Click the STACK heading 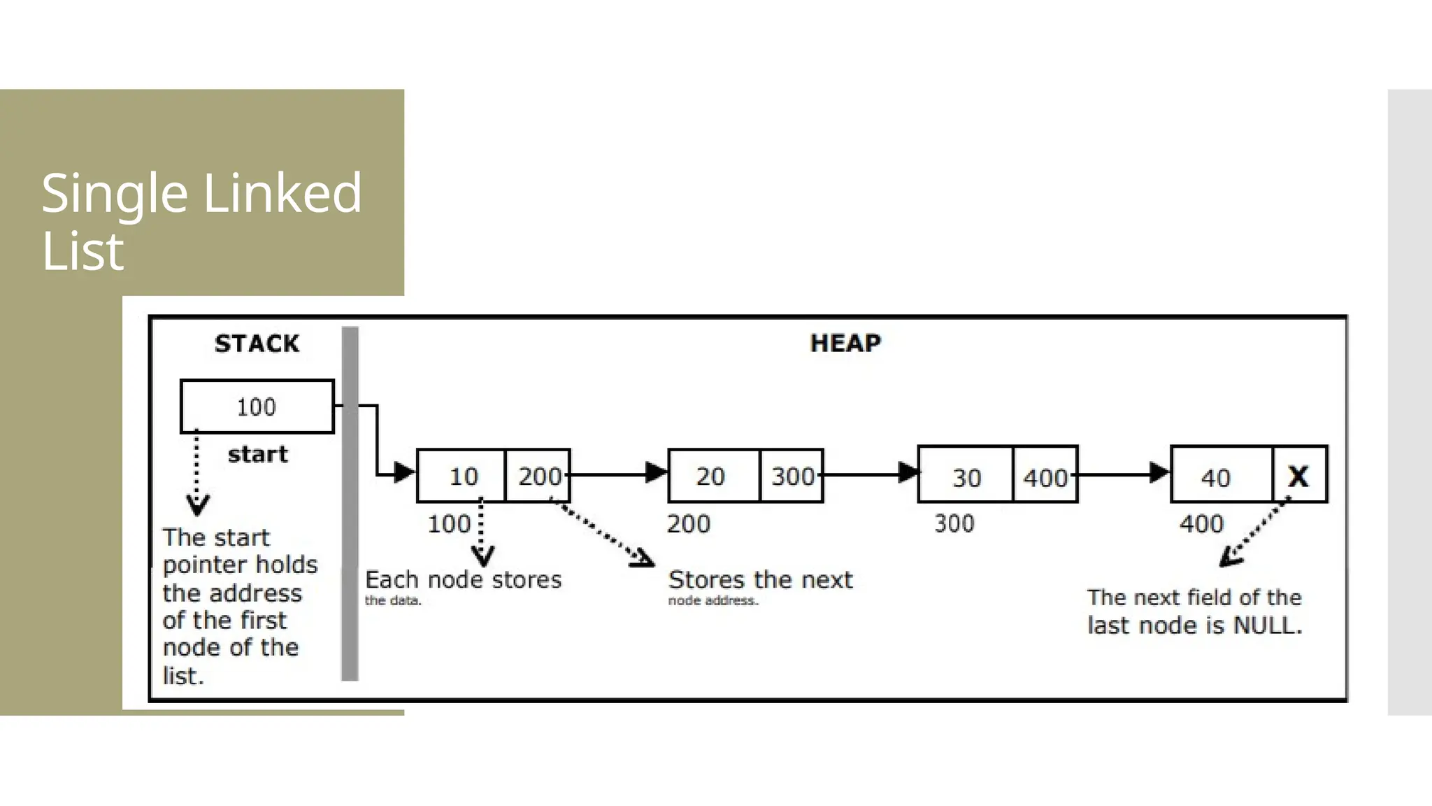coord(257,344)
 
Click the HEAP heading coord(845,343)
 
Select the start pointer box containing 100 coord(257,406)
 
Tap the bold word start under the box coord(257,455)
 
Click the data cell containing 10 coord(461,476)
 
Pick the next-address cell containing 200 coord(538,476)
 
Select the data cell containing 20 coord(712,476)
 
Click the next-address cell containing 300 coord(792,476)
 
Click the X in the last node coord(1298,476)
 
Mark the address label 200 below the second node coord(689,524)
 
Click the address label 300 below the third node coord(954,524)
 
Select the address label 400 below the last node coord(1201,524)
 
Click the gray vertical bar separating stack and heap coord(350,504)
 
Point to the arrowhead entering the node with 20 coord(657,473)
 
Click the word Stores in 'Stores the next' coord(706,580)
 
